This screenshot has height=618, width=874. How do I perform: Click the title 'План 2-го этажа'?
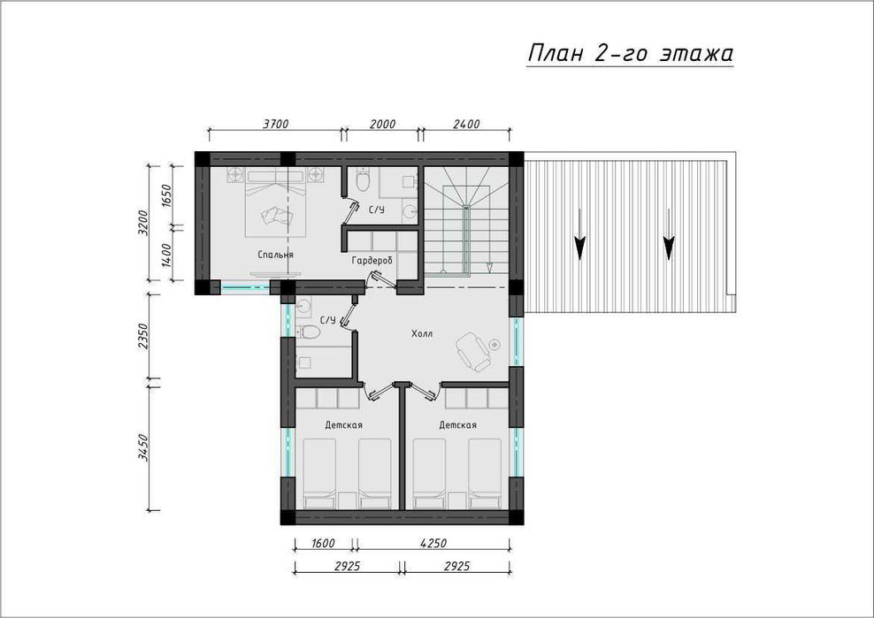(x=630, y=54)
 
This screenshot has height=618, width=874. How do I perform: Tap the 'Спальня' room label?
(x=275, y=255)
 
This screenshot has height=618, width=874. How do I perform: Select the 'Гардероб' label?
(x=372, y=261)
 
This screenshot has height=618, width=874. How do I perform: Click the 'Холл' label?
(x=422, y=334)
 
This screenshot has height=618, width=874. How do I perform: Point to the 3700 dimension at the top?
(x=275, y=124)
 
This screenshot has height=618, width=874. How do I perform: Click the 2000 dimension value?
(x=382, y=124)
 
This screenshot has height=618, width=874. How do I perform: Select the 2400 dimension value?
(x=466, y=124)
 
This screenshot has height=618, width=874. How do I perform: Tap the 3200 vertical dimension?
(x=143, y=223)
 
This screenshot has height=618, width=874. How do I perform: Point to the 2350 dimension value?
(x=143, y=336)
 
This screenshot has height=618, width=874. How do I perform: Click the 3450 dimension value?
(x=143, y=447)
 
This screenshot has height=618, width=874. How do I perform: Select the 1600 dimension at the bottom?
(x=323, y=544)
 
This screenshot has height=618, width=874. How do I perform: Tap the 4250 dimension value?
(x=433, y=544)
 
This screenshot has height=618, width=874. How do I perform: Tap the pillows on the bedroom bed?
(x=277, y=215)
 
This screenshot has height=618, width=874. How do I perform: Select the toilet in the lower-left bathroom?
(x=308, y=332)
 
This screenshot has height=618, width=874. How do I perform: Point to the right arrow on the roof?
(x=668, y=234)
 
